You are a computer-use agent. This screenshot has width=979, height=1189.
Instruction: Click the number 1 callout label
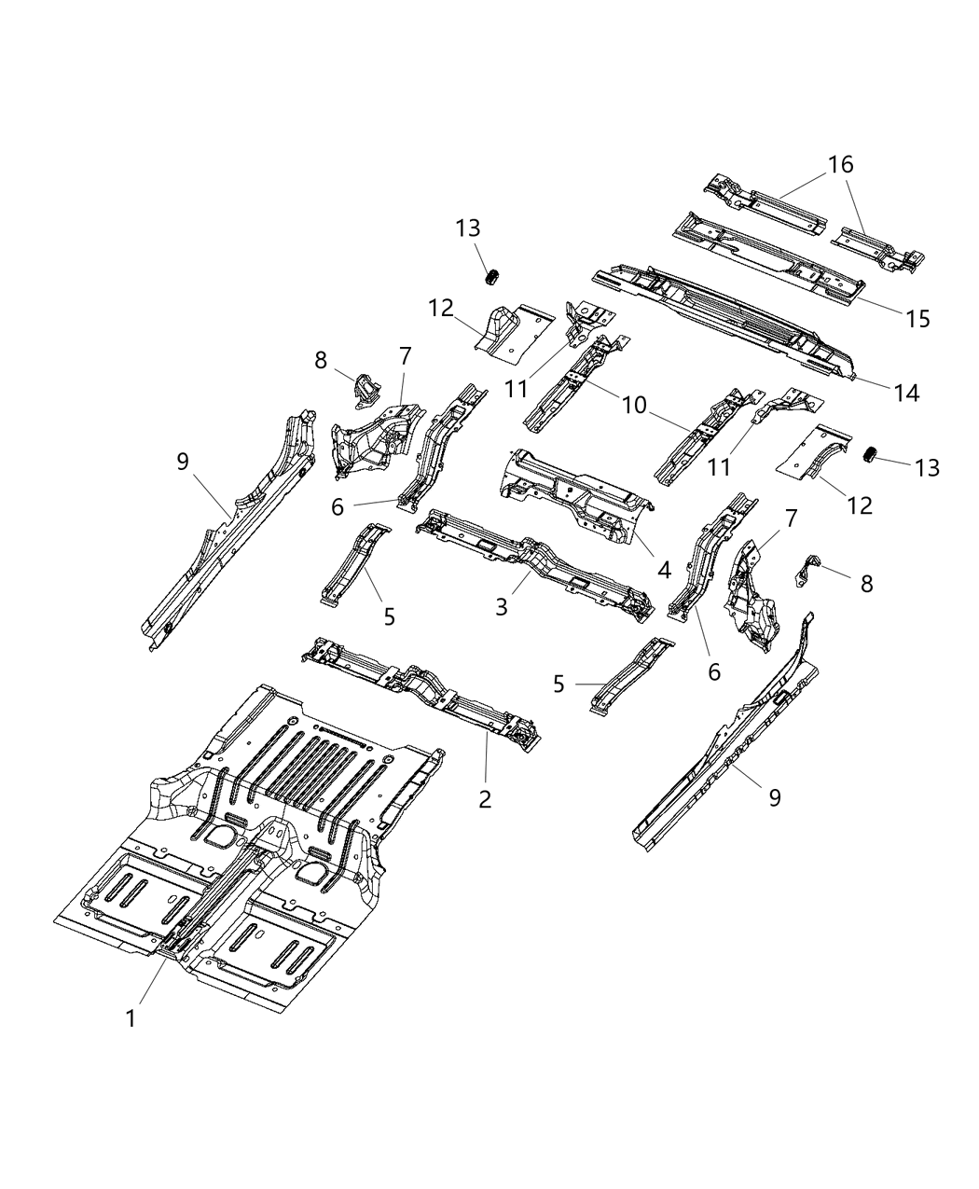pyautogui.click(x=131, y=1019)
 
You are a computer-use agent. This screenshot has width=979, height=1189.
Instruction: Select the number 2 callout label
pyautogui.click(x=485, y=798)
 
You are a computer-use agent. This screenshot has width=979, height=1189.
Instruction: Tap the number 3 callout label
pyautogui.click(x=502, y=607)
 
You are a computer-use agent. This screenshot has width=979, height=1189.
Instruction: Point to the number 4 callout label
pyautogui.click(x=664, y=568)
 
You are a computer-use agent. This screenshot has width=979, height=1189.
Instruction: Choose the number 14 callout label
pyautogui.click(x=905, y=394)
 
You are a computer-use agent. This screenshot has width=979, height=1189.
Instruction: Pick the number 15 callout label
pyautogui.click(x=917, y=318)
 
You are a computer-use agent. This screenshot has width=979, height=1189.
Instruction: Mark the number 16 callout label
pyautogui.click(x=839, y=165)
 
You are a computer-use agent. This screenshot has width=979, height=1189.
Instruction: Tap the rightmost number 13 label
pyautogui.click(x=927, y=466)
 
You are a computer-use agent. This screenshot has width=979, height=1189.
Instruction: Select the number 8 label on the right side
pyautogui.click(x=866, y=584)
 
